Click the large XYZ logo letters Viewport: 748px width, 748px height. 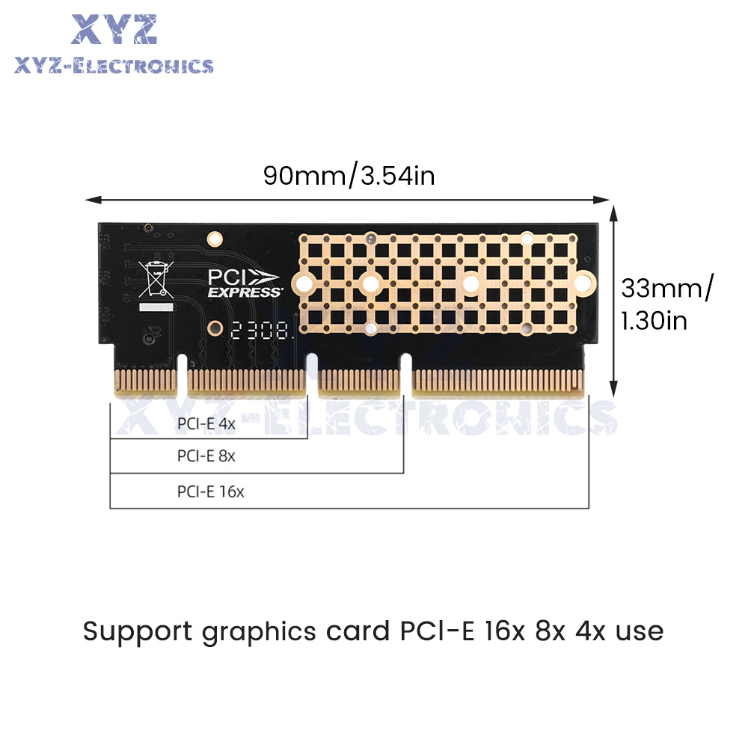pyautogui.click(x=114, y=30)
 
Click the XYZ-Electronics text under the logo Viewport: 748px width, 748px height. pyautogui.click(x=114, y=66)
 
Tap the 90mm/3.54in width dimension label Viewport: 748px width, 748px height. pyautogui.click(x=349, y=176)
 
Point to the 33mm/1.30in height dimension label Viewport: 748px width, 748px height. pyautogui.click(x=667, y=304)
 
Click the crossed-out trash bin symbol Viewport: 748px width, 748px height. pyautogui.click(x=156, y=280)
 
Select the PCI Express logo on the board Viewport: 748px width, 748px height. pyautogui.click(x=244, y=283)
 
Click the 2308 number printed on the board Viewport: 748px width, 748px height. pyautogui.click(x=260, y=330)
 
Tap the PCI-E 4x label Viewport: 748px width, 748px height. pyautogui.click(x=206, y=423)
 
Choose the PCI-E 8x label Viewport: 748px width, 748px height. pyautogui.click(x=206, y=456)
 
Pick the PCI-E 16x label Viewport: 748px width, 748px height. pyautogui.click(x=210, y=491)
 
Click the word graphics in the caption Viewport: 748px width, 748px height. pyautogui.click(x=259, y=633)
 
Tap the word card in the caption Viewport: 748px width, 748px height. pyautogui.click(x=358, y=631)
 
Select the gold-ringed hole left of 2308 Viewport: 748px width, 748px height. pyautogui.click(x=215, y=328)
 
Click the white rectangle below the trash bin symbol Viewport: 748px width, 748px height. pyautogui.click(x=156, y=307)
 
